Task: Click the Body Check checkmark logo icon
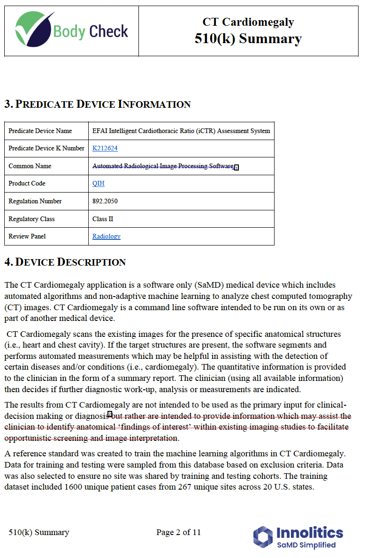point(34,29)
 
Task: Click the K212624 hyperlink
point(105,148)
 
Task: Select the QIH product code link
point(98,183)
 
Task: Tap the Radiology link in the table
point(106,236)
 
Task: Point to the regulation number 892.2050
point(105,201)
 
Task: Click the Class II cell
point(102,219)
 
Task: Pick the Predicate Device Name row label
point(40,131)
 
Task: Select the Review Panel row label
point(27,236)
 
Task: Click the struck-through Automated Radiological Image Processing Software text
point(162,166)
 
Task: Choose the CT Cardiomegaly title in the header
point(248,22)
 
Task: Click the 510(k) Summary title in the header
point(248,38)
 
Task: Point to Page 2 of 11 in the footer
point(178,532)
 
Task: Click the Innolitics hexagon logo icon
point(263,537)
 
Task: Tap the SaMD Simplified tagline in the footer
point(306,545)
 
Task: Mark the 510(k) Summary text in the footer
point(38,532)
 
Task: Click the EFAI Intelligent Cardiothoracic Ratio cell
point(181,131)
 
